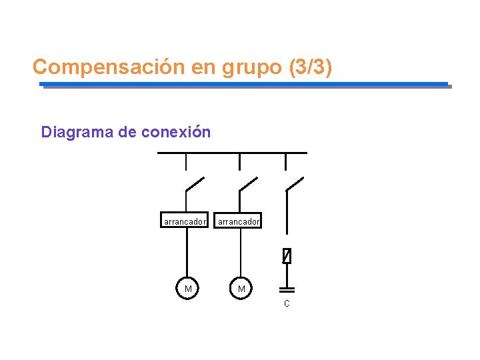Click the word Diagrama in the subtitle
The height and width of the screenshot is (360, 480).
coord(77,132)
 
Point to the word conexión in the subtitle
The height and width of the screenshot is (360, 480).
coord(176,132)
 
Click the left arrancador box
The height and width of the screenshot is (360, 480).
coord(185,221)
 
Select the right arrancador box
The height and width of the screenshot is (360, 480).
coord(239,221)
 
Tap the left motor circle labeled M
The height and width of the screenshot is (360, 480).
coord(188,288)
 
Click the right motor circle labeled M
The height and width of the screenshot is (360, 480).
coord(241,288)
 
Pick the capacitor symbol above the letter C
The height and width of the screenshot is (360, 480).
coord(287,290)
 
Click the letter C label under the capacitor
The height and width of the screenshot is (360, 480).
coord(287,304)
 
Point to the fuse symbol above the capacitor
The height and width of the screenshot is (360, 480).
coord(287,255)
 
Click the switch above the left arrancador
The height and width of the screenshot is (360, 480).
coord(195,184)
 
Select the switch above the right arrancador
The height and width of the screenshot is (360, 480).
coord(248,184)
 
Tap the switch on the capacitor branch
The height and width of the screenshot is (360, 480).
coord(294,184)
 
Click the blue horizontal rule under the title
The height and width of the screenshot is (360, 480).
coord(244,84)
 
